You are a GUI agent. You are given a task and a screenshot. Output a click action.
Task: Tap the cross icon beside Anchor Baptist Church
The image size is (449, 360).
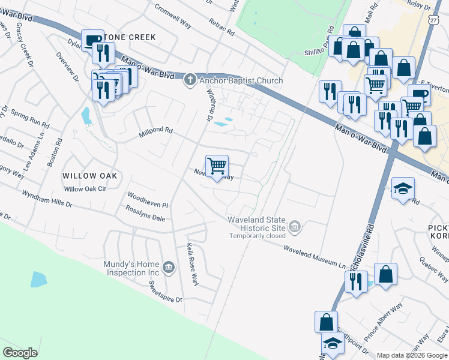tap(190, 80)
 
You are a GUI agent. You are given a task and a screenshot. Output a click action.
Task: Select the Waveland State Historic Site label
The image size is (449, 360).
tap(255, 224)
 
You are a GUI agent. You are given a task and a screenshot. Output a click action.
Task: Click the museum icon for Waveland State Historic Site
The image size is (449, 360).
tap(295, 227)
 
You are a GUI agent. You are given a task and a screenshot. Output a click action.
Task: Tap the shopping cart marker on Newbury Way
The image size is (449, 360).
tap(217, 166)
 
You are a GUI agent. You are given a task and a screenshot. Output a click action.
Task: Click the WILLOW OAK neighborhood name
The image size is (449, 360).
tap(89, 176)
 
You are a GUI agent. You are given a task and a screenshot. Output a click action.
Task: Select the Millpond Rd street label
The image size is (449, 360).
tap(155, 130)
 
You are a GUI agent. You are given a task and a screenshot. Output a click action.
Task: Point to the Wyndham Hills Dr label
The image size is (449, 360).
tap(47, 199)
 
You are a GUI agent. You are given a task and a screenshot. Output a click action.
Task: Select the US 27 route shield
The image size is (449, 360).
tap(433, 20)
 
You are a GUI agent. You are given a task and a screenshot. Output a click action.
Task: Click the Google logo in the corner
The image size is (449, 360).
tap(20, 352)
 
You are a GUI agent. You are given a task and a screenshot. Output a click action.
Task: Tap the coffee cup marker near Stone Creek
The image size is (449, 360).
tap(92, 41)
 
